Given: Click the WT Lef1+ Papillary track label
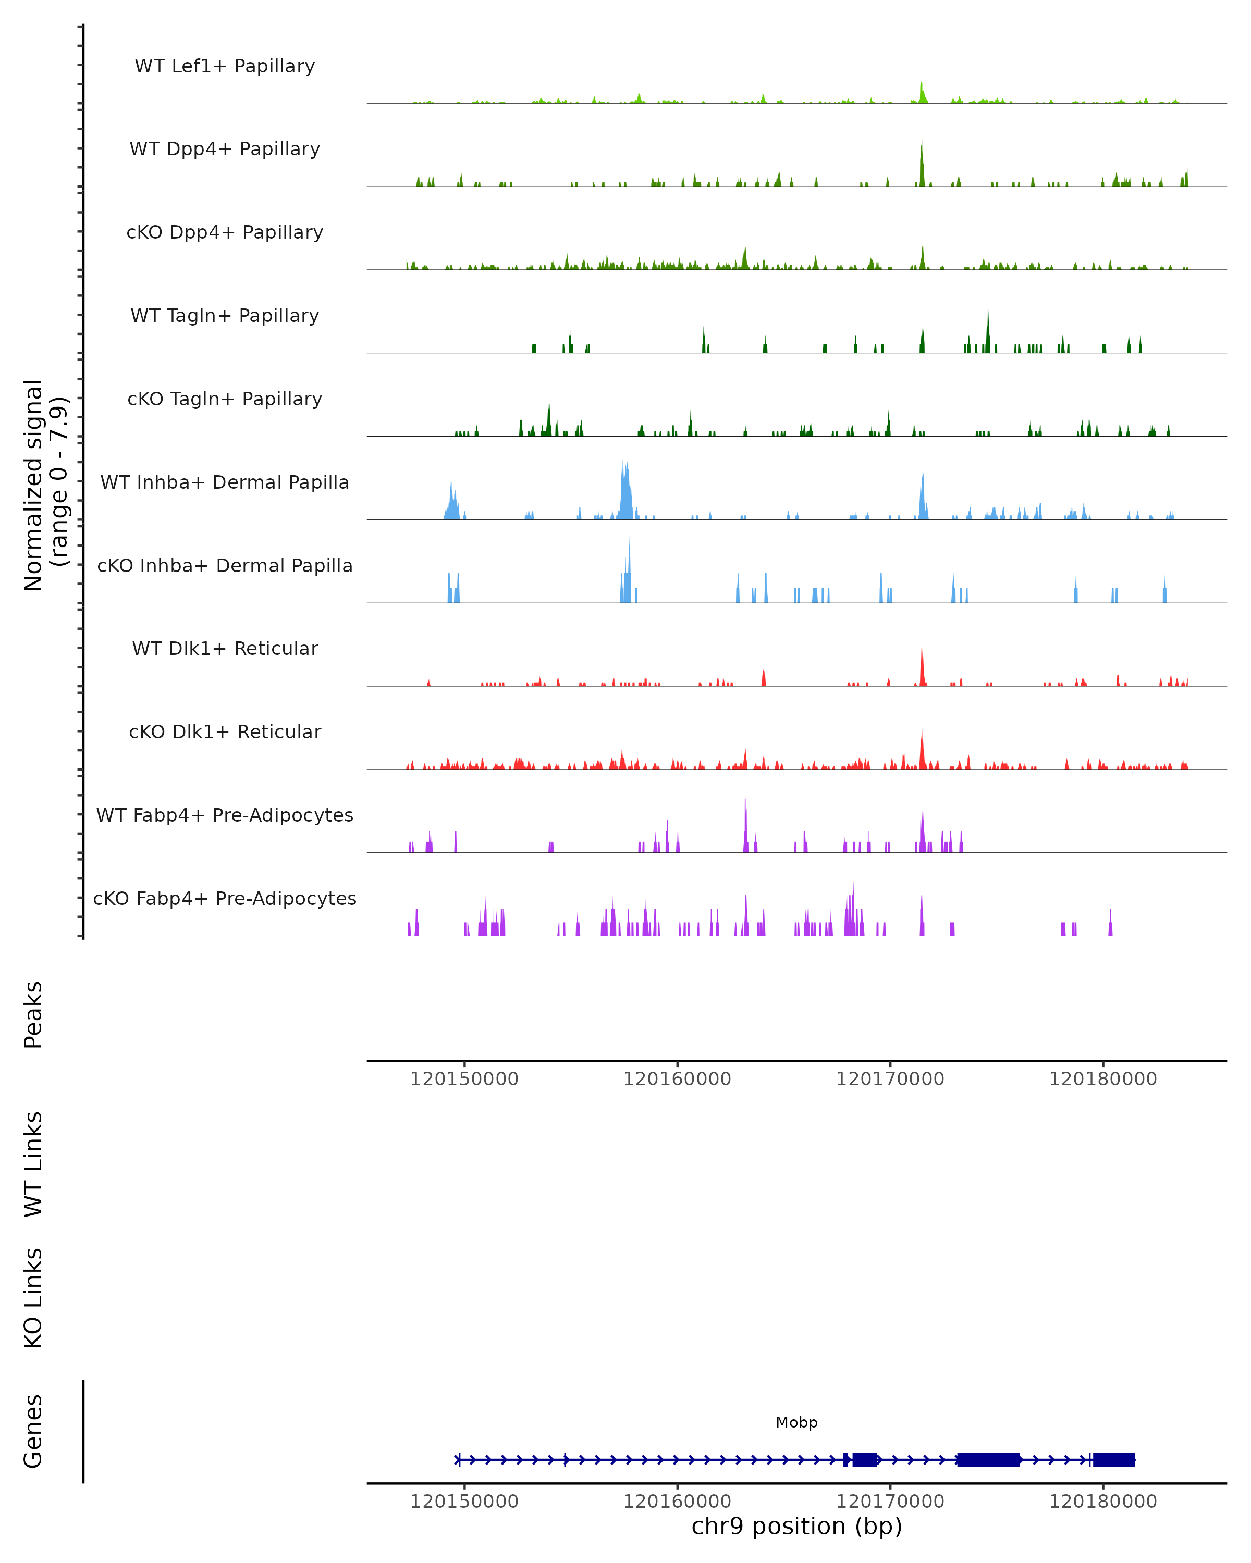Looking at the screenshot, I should coord(225,66).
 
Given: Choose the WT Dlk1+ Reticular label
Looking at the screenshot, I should coord(225,648).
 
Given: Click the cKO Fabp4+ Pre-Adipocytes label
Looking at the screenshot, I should coord(225,898).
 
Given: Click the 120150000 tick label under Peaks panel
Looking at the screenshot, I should coord(464,1079).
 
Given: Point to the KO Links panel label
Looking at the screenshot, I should coord(33,1298).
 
